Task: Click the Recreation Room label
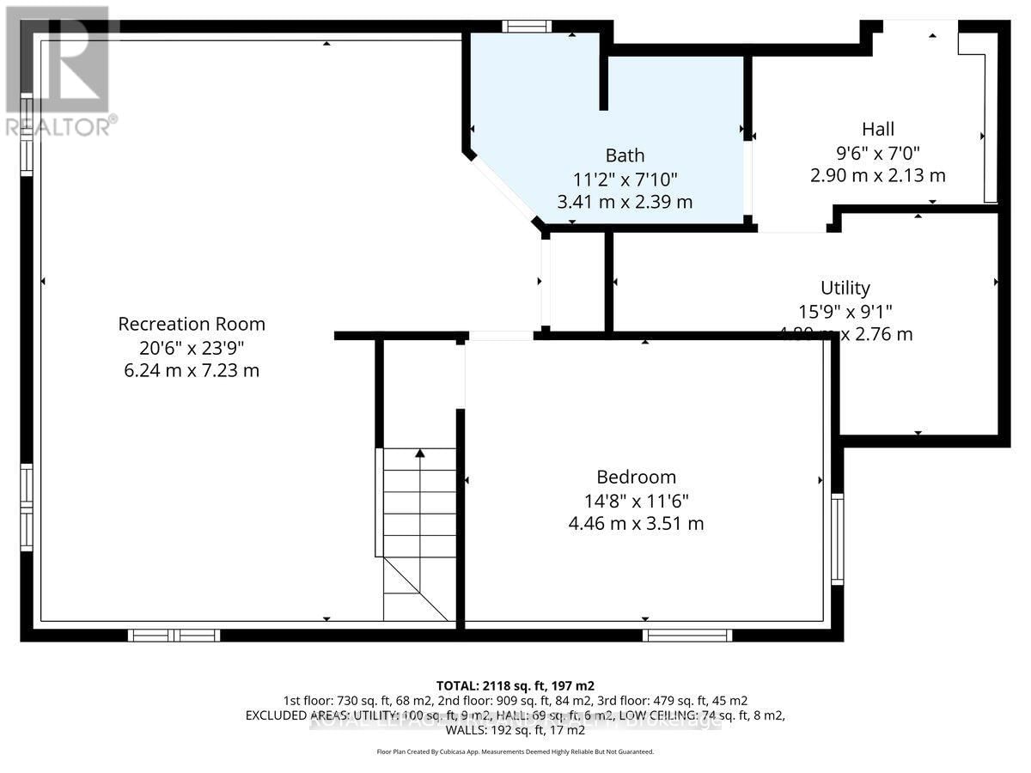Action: (192, 324)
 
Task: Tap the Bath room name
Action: (625, 155)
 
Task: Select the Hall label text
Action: (877, 129)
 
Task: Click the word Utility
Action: (845, 288)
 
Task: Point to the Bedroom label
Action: (636, 477)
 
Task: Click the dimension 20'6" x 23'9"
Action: (192, 347)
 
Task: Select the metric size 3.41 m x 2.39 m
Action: (625, 203)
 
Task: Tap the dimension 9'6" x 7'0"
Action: (877, 152)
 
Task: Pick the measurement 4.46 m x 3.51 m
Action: (636, 523)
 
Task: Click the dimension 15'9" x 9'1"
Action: (845, 311)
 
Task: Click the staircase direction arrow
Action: (420, 453)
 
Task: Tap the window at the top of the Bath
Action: (527, 26)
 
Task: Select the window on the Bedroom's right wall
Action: (838, 539)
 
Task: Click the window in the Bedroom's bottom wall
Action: (687, 636)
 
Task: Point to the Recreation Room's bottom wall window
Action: (174, 636)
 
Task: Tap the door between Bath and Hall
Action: (748, 178)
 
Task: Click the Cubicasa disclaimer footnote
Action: (515, 752)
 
